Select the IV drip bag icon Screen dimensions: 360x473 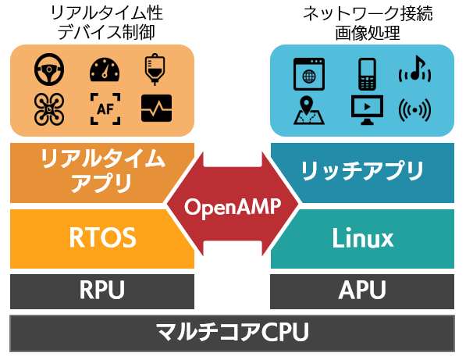[x=155, y=70]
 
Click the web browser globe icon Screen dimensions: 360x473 [x=308, y=73]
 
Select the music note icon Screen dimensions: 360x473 [x=415, y=72]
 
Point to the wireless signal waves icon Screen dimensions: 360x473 [x=415, y=109]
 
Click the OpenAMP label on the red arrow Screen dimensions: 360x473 [x=232, y=208]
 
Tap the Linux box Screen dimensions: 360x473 [x=362, y=237]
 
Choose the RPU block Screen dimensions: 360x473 [x=101, y=291]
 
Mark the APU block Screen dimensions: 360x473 [x=362, y=291]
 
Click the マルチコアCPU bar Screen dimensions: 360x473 [x=232, y=332]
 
